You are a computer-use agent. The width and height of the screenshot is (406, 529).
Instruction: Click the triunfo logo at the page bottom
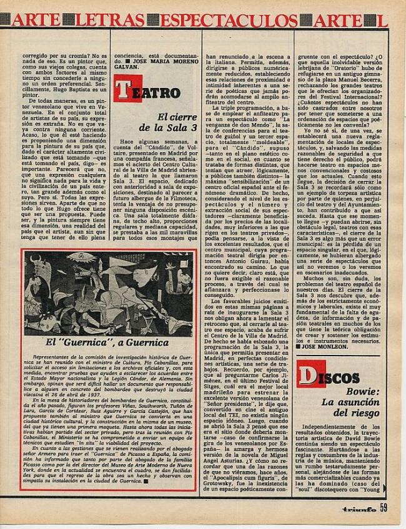pos(359,508)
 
